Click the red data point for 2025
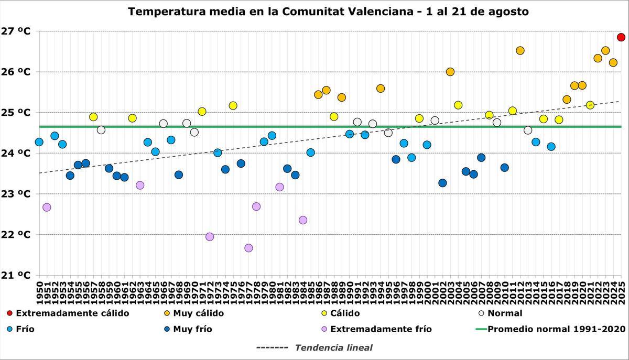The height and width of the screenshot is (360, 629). click(x=621, y=37)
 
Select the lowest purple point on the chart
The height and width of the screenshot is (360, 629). click(x=248, y=248)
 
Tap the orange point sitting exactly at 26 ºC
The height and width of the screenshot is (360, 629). click(x=450, y=72)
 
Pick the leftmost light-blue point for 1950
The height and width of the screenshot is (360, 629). click(x=39, y=142)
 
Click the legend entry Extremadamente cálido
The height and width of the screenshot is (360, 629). click(x=72, y=313)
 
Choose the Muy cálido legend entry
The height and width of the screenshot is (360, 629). click(x=198, y=313)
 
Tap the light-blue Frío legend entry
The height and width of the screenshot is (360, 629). click(x=25, y=329)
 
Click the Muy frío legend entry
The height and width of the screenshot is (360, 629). click(x=192, y=329)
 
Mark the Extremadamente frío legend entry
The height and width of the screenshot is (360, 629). click(x=381, y=329)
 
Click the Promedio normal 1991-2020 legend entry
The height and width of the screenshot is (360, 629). click(x=556, y=329)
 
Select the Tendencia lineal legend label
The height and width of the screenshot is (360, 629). click(x=333, y=347)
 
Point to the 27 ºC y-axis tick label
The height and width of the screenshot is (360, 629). click(x=16, y=31)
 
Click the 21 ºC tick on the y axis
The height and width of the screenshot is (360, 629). click(x=16, y=275)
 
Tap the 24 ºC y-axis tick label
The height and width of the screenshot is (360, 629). click(x=16, y=154)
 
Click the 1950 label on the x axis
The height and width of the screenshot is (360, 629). click(x=39, y=291)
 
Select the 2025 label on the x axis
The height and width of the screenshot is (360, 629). click(x=622, y=291)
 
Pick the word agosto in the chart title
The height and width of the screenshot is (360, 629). click(x=508, y=11)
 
